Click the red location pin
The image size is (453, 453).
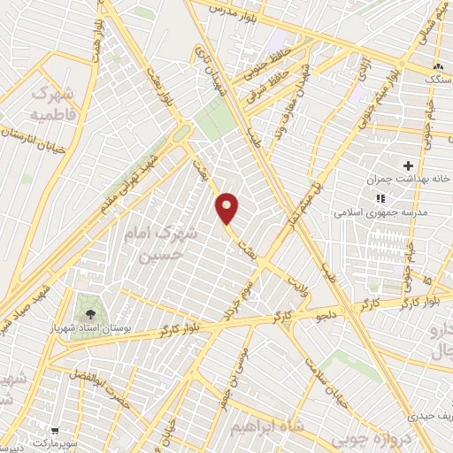pos(228,207)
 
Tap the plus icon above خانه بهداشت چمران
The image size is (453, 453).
pos(408,165)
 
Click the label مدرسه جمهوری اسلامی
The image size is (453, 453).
pos(380,213)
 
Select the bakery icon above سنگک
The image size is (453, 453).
pos(438,67)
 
